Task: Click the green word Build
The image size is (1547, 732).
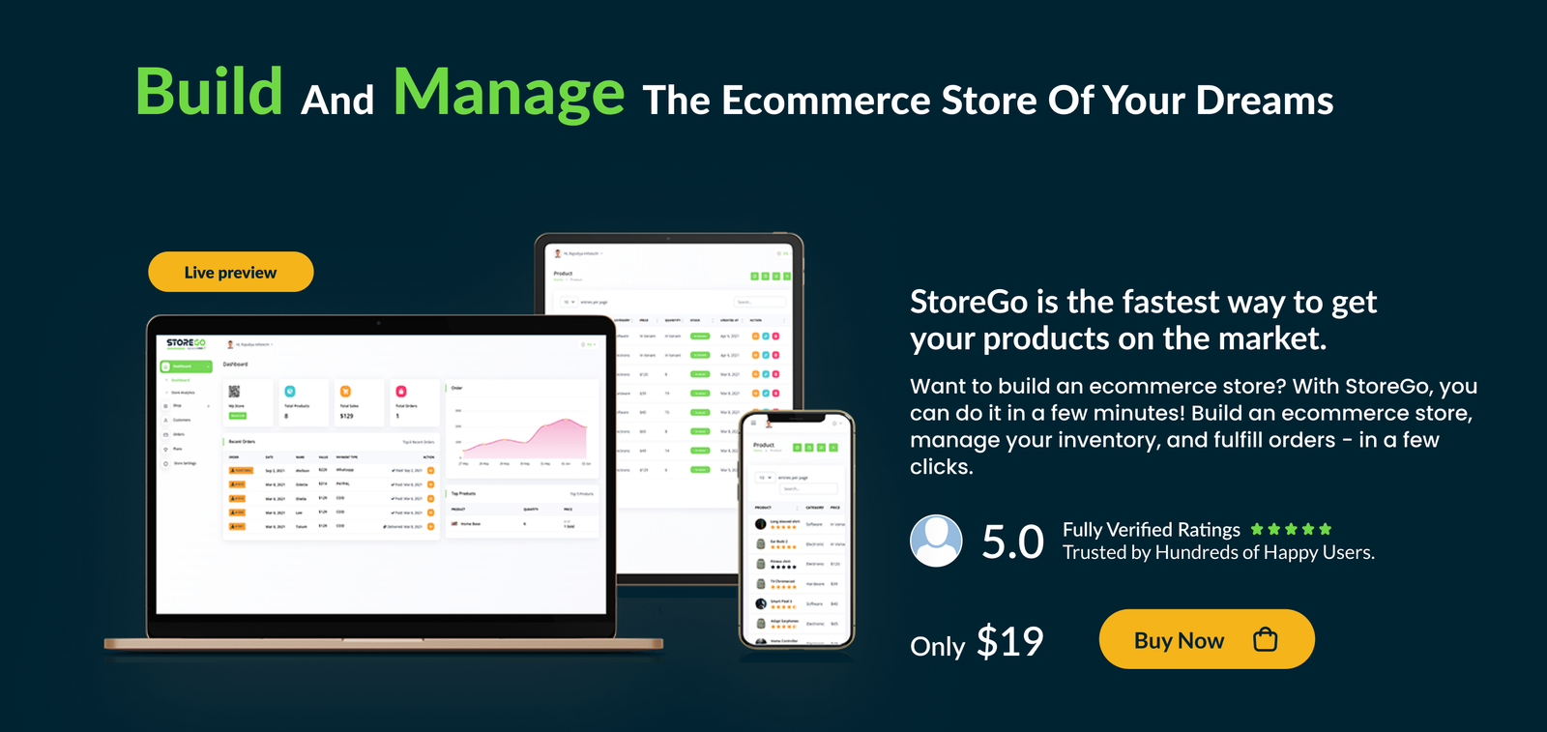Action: pyautogui.click(x=209, y=93)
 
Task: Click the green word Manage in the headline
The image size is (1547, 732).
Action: pyautogui.click(x=509, y=93)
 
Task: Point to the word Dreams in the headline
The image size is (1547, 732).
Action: pyautogui.click(x=1265, y=101)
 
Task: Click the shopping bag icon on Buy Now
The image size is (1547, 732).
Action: pyautogui.click(x=1265, y=639)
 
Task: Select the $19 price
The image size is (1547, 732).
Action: pyautogui.click(x=1009, y=641)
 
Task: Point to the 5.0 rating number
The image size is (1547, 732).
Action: pyautogui.click(x=1012, y=542)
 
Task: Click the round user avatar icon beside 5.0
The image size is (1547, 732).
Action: pyautogui.click(x=936, y=541)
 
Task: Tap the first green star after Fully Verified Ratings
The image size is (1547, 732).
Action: pyautogui.click(x=1257, y=529)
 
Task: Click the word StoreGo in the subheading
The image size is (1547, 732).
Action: pyautogui.click(x=968, y=303)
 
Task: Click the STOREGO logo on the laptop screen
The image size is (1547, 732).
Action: pyautogui.click(x=186, y=343)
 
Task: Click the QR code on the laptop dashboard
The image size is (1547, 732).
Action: pyautogui.click(x=234, y=392)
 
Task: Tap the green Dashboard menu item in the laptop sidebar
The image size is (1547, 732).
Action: pyautogui.click(x=185, y=366)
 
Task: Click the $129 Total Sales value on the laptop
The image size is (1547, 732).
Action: pyautogui.click(x=346, y=416)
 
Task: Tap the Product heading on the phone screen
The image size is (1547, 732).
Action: pyautogui.click(x=764, y=445)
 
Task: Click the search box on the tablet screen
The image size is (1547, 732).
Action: pyautogui.click(x=758, y=302)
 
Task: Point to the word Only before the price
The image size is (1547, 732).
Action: pyautogui.click(x=937, y=646)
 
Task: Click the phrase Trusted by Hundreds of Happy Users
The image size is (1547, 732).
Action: pyautogui.click(x=1218, y=553)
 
